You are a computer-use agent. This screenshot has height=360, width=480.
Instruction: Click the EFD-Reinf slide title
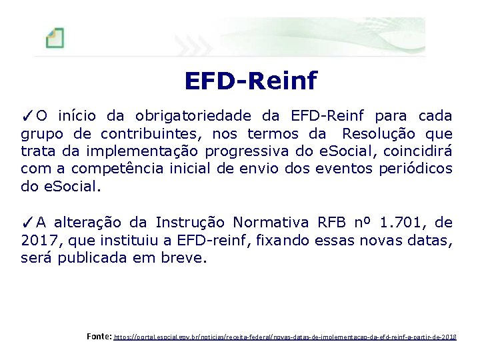click(251, 81)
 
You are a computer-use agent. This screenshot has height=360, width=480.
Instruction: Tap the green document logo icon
click(55, 37)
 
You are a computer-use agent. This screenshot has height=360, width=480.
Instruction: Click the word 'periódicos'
click(415, 169)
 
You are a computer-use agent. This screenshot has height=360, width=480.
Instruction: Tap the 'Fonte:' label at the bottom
click(99, 337)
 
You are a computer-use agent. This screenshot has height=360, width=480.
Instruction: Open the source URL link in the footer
click(285, 338)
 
